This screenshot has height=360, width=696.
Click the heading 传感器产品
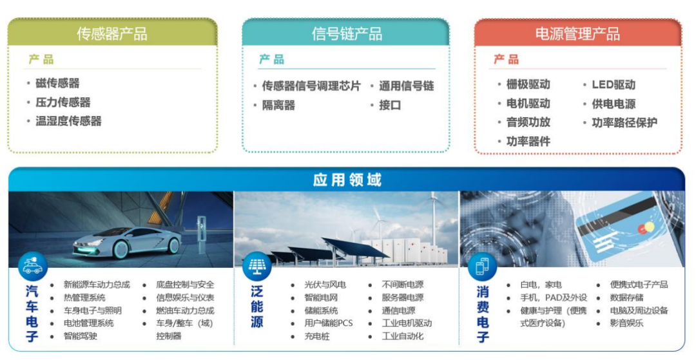click(112, 33)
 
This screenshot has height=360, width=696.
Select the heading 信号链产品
click(347, 33)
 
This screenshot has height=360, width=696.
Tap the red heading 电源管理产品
click(577, 33)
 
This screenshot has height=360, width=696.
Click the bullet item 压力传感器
click(63, 102)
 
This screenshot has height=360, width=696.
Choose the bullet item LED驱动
click(614, 84)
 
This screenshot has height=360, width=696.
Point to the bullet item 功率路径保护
click(624, 123)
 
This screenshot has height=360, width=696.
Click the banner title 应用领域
click(347, 180)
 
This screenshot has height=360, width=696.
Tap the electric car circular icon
click(32, 266)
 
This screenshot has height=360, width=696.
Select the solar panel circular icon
click(257, 266)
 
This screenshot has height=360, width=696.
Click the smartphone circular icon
click(482, 266)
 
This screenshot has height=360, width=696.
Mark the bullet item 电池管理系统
click(88, 323)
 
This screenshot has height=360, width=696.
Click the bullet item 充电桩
click(317, 337)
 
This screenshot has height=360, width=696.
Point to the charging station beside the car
click(202, 234)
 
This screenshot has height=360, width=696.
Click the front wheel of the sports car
click(173, 245)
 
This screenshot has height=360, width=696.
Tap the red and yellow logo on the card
click(646, 229)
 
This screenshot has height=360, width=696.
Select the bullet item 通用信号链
click(406, 86)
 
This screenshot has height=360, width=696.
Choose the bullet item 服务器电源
click(403, 298)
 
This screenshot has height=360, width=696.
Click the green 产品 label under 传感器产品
click(41, 59)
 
